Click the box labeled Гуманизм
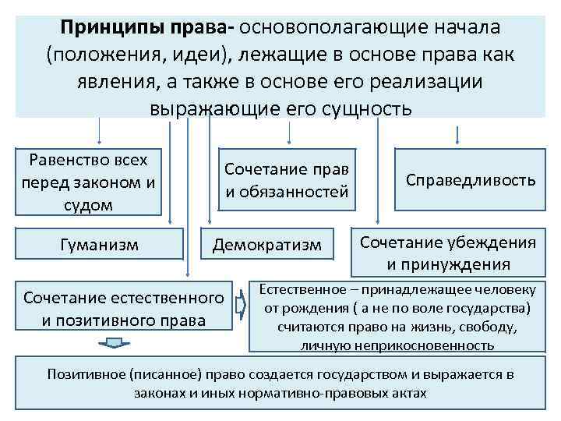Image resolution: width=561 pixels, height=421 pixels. pyautogui.click(x=99, y=245)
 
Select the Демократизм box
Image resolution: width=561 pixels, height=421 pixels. pyautogui.click(x=267, y=246)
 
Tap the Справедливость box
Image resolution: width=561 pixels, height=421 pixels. pyautogui.click(x=470, y=180)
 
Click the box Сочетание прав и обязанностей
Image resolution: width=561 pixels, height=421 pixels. pyautogui.click(x=286, y=180)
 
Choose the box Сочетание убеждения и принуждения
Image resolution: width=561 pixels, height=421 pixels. pyautogui.click(x=448, y=252)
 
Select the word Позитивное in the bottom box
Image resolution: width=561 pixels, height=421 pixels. pyautogui.click(x=85, y=374)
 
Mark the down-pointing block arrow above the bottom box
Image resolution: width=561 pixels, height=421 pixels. pyautogui.click(x=114, y=345)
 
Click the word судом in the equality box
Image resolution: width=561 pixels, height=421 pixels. pyautogui.click(x=86, y=205)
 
